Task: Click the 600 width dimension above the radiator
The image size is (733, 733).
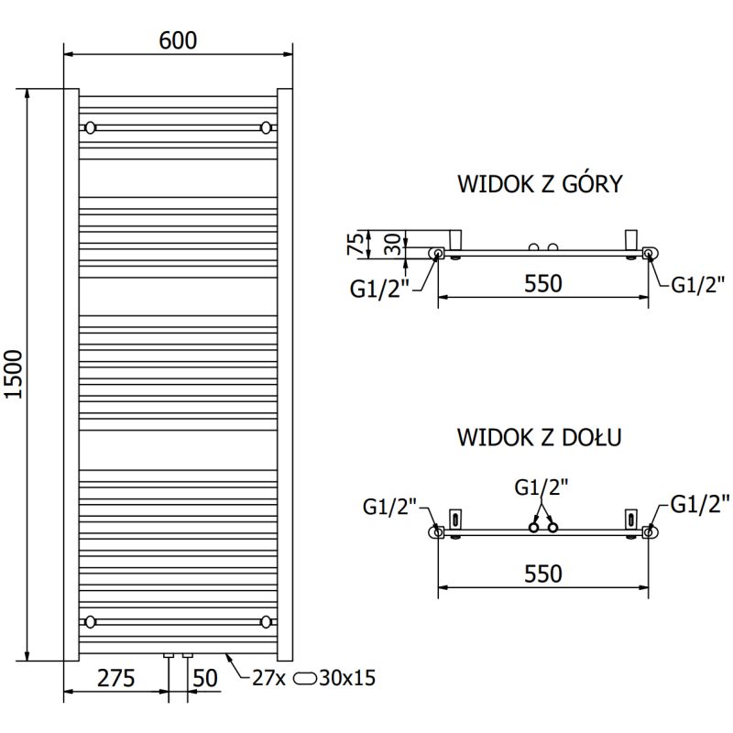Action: [179, 40]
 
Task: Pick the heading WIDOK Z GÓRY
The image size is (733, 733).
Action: [540, 184]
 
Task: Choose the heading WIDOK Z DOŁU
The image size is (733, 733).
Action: [540, 437]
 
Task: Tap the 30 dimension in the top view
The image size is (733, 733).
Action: [391, 244]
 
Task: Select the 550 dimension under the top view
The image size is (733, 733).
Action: [542, 284]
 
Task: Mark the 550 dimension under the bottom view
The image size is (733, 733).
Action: [542, 574]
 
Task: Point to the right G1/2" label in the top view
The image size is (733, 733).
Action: [698, 283]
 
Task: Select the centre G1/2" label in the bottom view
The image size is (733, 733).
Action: [542, 487]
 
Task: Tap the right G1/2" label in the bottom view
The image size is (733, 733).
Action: [700, 503]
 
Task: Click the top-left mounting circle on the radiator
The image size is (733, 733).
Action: [90, 126]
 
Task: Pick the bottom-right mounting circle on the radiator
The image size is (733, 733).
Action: [266, 622]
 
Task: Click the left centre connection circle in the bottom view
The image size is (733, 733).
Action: [532, 527]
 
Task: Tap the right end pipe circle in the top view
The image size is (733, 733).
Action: [648, 253]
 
